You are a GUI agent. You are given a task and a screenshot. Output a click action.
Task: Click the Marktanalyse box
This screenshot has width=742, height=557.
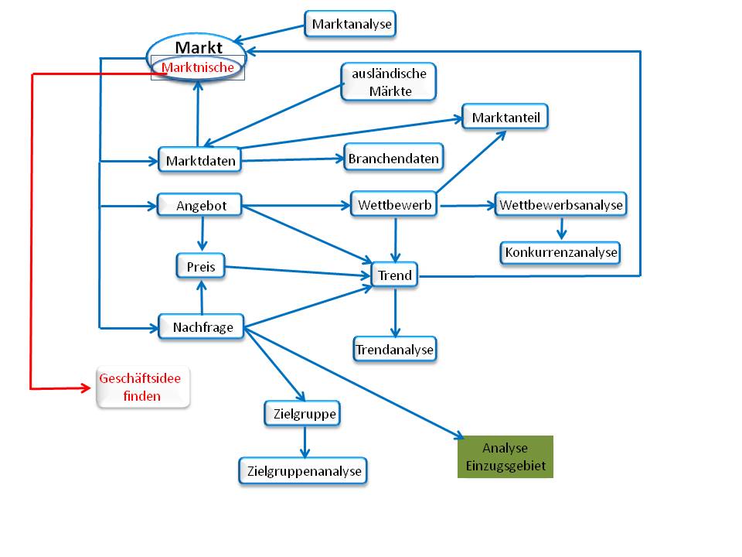(x=350, y=24)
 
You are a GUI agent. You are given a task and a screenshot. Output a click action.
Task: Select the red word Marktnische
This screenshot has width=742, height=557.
(x=198, y=68)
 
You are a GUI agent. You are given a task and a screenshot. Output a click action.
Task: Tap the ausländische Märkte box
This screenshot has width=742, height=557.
(x=388, y=81)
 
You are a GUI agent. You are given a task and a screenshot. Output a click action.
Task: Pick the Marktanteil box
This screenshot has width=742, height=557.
(x=506, y=118)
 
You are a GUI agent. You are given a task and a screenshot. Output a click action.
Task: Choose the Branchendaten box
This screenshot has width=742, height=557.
(x=393, y=159)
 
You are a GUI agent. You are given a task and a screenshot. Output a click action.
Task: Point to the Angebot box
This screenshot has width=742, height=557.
(x=199, y=205)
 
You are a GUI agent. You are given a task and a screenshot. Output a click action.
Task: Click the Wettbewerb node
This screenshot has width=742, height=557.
(x=394, y=205)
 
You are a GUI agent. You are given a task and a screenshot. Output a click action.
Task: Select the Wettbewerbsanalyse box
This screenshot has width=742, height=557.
(x=560, y=205)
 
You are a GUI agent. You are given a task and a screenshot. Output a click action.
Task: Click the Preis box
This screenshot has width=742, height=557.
(x=200, y=267)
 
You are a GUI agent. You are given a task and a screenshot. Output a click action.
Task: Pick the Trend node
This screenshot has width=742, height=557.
(x=394, y=275)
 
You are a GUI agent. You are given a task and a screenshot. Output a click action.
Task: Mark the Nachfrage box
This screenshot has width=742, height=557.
(x=201, y=326)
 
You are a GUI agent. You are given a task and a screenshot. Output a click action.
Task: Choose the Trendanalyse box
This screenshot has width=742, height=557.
(x=395, y=350)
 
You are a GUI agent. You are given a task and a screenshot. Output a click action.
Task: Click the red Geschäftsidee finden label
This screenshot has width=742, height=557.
(x=142, y=388)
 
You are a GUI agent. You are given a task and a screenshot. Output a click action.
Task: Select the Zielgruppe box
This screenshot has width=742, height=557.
(x=304, y=414)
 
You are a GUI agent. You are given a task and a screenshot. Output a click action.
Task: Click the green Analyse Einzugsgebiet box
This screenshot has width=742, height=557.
(x=505, y=456)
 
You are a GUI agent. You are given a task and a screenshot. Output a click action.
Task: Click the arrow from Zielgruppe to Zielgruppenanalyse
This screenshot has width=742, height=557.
(x=305, y=442)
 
